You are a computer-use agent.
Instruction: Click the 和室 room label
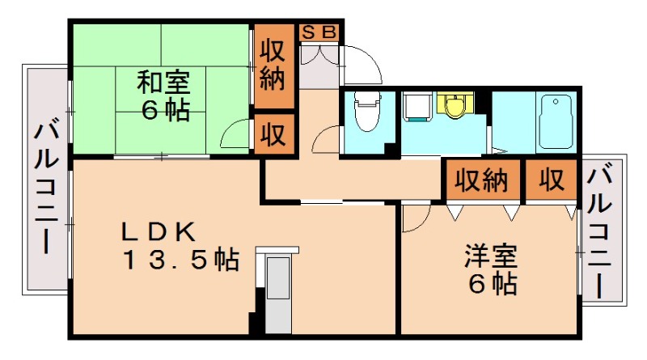point(163,83)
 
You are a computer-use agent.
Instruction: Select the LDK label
point(159,232)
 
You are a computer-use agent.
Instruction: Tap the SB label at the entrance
point(320,32)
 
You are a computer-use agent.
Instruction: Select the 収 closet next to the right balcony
point(552,180)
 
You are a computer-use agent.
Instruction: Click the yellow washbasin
point(455,106)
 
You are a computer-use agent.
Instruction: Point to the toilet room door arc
point(326,138)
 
